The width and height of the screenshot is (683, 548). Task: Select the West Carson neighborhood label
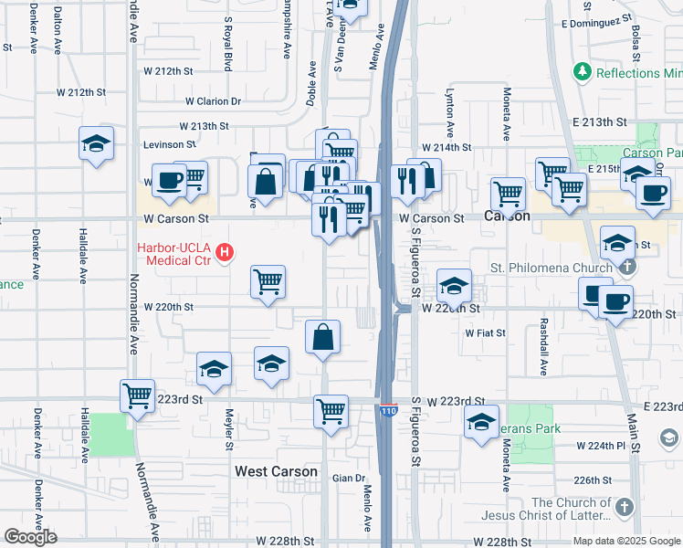[x=276, y=472]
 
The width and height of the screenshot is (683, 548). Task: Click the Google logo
[x=30, y=537]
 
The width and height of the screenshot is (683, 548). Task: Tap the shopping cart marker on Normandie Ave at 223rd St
[x=137, y=396]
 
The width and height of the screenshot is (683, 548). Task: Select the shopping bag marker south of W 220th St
[x=323, y=338]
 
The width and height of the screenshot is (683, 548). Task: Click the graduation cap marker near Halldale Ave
[x=96, y=143]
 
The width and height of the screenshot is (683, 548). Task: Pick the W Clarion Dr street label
[x=213, y=101]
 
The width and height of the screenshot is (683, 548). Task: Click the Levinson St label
[x=169, y=144]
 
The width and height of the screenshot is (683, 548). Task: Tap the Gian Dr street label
[x=348, y=478]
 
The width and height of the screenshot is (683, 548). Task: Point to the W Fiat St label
[x=485, y=333]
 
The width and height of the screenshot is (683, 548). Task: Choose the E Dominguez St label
[x=597, y=20]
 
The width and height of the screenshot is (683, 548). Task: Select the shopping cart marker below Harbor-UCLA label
[x=268, y=282]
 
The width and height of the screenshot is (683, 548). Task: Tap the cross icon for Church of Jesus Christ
[x=624, y=508]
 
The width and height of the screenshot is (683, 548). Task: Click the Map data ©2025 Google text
[x=626, y=541]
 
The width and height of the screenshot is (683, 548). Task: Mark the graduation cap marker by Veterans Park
[x=481, y=423]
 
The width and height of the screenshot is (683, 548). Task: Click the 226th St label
[x=592, y=479]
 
